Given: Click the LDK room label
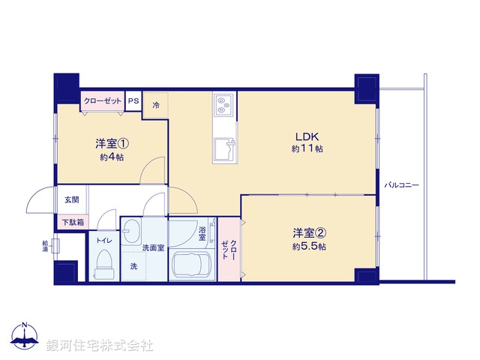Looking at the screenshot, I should [x=307, y=136].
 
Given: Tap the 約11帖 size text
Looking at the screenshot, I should [x=307, y=149].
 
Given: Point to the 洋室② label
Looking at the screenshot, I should [x=309, y=233].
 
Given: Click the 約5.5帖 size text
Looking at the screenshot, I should [x=309, y=246].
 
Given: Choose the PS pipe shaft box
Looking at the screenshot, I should [x=133, y=100].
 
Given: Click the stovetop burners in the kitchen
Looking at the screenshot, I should [x=223, y=105].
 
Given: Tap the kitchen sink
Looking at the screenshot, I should [x=224, y=148].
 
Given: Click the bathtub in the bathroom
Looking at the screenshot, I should [x=190, y=265].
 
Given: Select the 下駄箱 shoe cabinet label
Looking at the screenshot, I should [x=73, y=222].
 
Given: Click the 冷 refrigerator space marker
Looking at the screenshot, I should [x=156, y=105].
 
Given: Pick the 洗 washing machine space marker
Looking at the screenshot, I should [x=133, y=267].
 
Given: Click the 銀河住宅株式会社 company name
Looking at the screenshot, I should [x=100, y=346].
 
